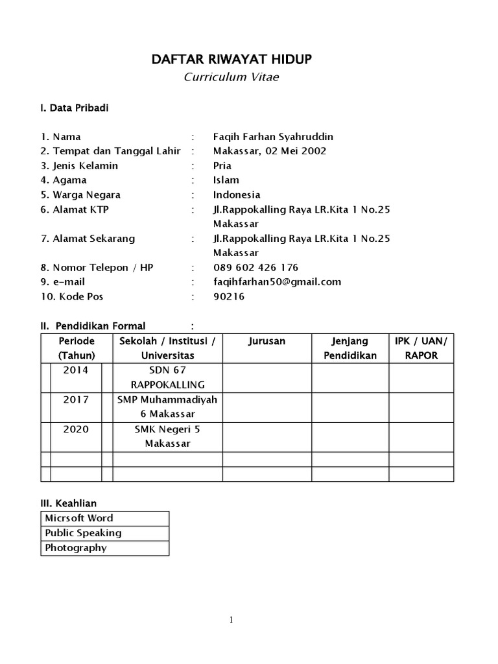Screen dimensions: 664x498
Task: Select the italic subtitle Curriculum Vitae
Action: tap(231, 77)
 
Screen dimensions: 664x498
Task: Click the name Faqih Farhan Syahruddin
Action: tap(273, 137)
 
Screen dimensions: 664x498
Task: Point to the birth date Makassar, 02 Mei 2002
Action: tap(270, 151)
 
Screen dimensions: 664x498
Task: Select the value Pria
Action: tap(222, 165)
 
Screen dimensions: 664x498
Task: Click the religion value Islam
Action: tap(226, 180)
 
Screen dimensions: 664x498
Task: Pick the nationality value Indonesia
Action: tap(237, 195)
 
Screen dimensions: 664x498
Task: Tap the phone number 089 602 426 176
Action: tap(256, 267)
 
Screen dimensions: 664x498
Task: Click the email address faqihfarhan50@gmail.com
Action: tap(277, 281)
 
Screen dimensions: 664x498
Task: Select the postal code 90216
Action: tap(230, 296)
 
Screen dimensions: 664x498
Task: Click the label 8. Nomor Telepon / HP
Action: tap(97, 267)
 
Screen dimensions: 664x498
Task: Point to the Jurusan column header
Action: tap(267, 341)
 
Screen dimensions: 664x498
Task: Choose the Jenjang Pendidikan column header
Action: tap(350, 348)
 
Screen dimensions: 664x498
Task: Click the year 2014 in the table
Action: tap(77, 370)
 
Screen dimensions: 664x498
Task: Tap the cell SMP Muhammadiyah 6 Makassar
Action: tap(167, 407)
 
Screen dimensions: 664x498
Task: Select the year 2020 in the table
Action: tap(77, 429)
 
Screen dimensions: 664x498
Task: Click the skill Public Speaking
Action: tap(83, 533)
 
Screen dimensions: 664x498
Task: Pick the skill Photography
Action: tap(76, 548)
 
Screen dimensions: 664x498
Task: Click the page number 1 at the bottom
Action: tap(231, 620)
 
